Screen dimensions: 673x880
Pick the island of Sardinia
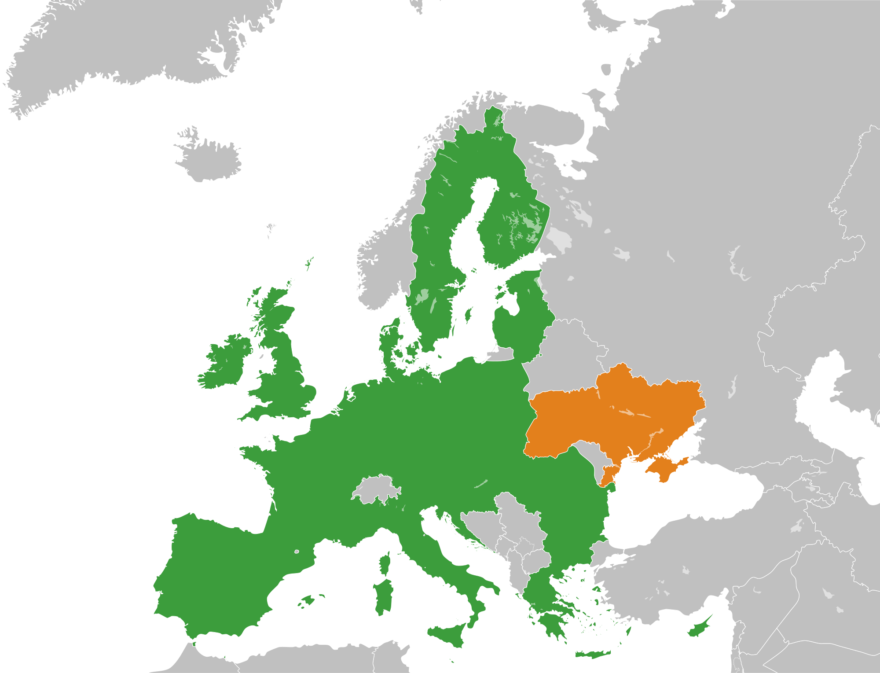(382, 596)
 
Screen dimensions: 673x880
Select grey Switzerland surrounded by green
(376, 489)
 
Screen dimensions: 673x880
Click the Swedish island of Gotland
(468, 315)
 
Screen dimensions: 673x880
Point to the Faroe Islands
(271, 229)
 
